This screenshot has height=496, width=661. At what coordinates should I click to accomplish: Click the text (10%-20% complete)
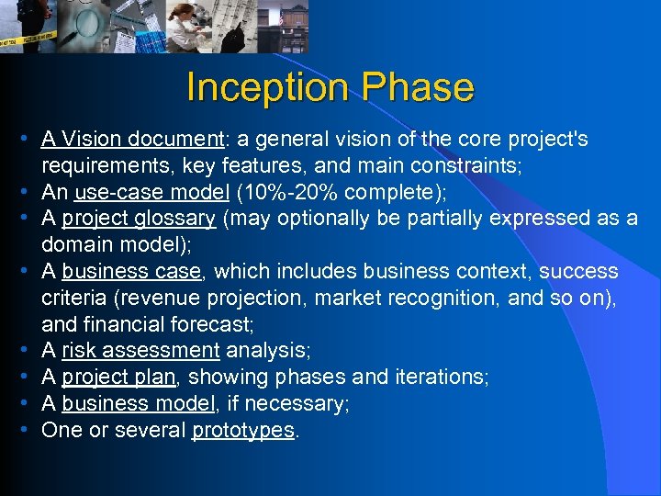tap(308, 193)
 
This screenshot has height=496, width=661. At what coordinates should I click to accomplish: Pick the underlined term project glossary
tap(139, 219)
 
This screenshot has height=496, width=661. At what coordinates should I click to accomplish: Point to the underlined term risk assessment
tap(140, 351)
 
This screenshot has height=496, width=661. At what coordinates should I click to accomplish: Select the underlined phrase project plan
tap(118, 378)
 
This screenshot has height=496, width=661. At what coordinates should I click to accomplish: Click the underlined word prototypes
tap(243, 431)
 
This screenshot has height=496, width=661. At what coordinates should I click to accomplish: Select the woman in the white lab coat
tap(188, 25)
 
